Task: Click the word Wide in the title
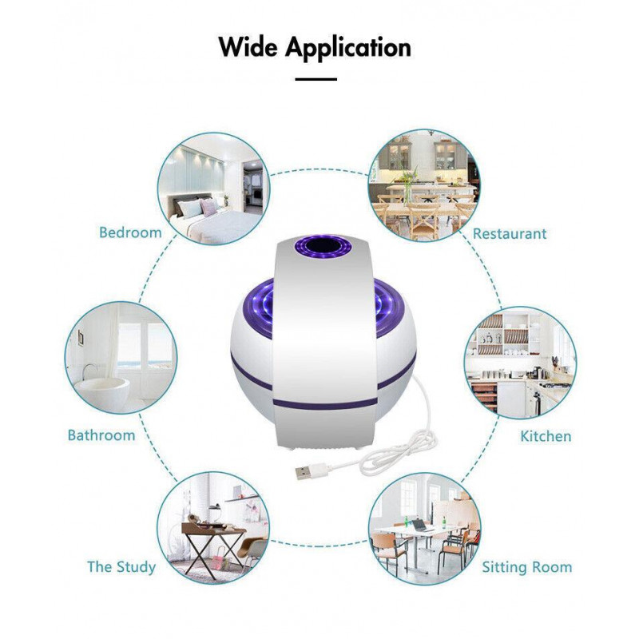pyautogui.click(x=248, y=47)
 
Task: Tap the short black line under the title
pyautogui.click(x=316, y=79)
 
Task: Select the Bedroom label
pyautogui.click(x=130, y=232)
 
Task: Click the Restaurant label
pyautogui.click(x=510, y=233)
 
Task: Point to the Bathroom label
pyautogui.click(x=101, y=435)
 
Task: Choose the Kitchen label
pyautogui.click(x=546, y=436)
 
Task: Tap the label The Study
pyautogui.click(x=121, y=567)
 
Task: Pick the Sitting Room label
pyautogui.click(x=527, y=567)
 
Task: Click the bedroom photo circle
pyautogui.click(x=213, y=189)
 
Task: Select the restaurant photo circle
pyautogui.click(x=424, y=186)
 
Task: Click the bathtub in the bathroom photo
pyautogui.click(x=104, y=389)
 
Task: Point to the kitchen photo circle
pyautogui.click(x=521, y=363)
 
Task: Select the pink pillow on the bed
pyautogui.click(x=209, y=208)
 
